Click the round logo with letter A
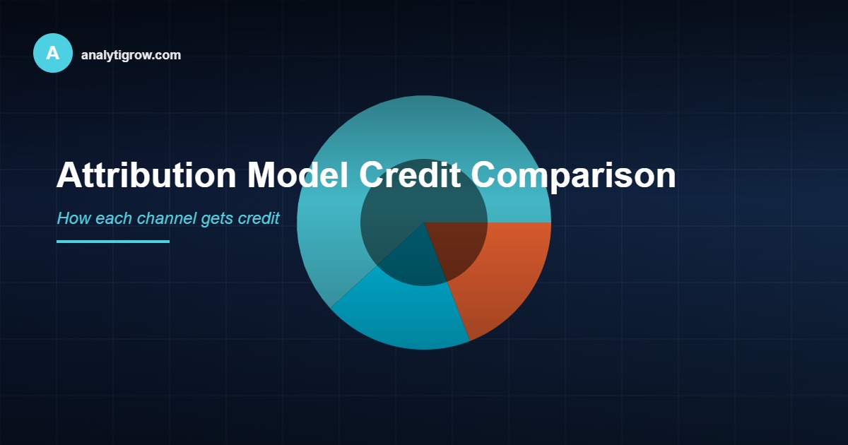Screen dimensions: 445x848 pos(53,53)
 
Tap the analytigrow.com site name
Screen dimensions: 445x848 pos(131,55)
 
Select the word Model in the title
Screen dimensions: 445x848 pos(297,175)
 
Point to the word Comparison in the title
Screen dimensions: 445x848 pos(573,175)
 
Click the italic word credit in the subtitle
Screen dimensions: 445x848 pos(258,218)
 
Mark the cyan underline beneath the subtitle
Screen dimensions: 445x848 pos(113,242)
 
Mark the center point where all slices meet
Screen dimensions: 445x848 pos(424,222)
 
